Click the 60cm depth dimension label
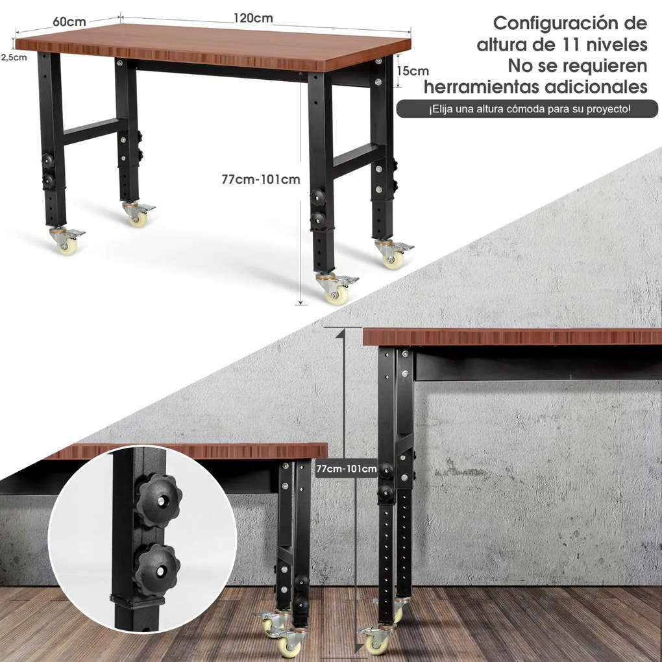pyautogui.click(x=69, y=21)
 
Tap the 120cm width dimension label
pyautogui.click(x=253, y=18)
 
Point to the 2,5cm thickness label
pyautogui.click(x=14, y=57)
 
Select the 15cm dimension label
pyautogui.click(x=413, y=71)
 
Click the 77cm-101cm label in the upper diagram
pyautogui.click(x=261, y=179)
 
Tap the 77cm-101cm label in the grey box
pyautogui.click(x=346, y=469)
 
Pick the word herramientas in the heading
pyautogui.click(x=482, y=86)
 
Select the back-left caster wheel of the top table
pyautogui.click(x=138, y=214)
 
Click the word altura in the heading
pyautogui.click(x=501, y=44)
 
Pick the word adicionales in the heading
pyautogui.click(x=596, y=86)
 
